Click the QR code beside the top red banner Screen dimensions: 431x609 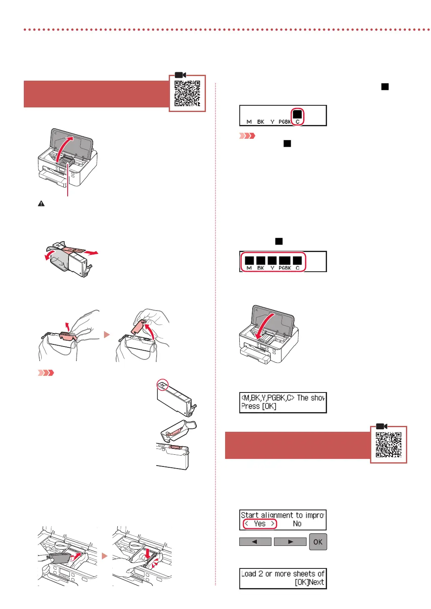click(x=187, y=93)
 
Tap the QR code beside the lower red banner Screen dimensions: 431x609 click(x=388, y=445)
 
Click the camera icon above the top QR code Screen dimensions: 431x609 click(x=180, y=75)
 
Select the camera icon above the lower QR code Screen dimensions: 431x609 click(x=381, y=426)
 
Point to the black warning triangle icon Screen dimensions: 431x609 click(x=41, y=204)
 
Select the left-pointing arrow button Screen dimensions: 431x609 click(x=255, y=542)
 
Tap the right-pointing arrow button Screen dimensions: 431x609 click(x=290, y=542)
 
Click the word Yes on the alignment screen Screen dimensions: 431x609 click(x=259, y=524)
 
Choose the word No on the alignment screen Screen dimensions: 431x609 click(x=297, y=524)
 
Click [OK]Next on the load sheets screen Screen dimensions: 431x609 click(x=309, y=582)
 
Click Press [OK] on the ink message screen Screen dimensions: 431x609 click(x=259, y=406)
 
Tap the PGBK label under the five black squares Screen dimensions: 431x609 click(x=285, y=268)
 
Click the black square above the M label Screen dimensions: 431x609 click(x=249, y=260)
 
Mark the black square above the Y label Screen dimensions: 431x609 click(x=272, y=260)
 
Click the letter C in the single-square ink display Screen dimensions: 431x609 click(x=297, y=122)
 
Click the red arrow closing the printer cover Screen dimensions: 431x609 click(x=264, y=326)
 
